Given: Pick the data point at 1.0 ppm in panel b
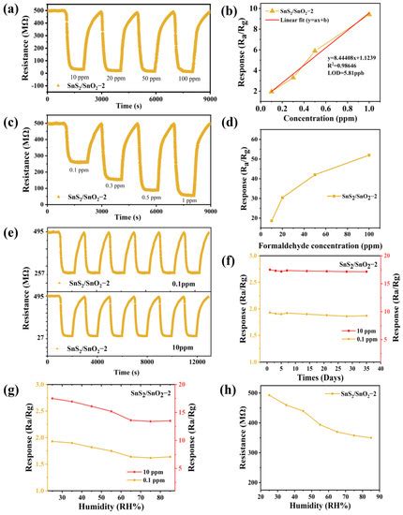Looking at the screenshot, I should [x=368, y=14].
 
